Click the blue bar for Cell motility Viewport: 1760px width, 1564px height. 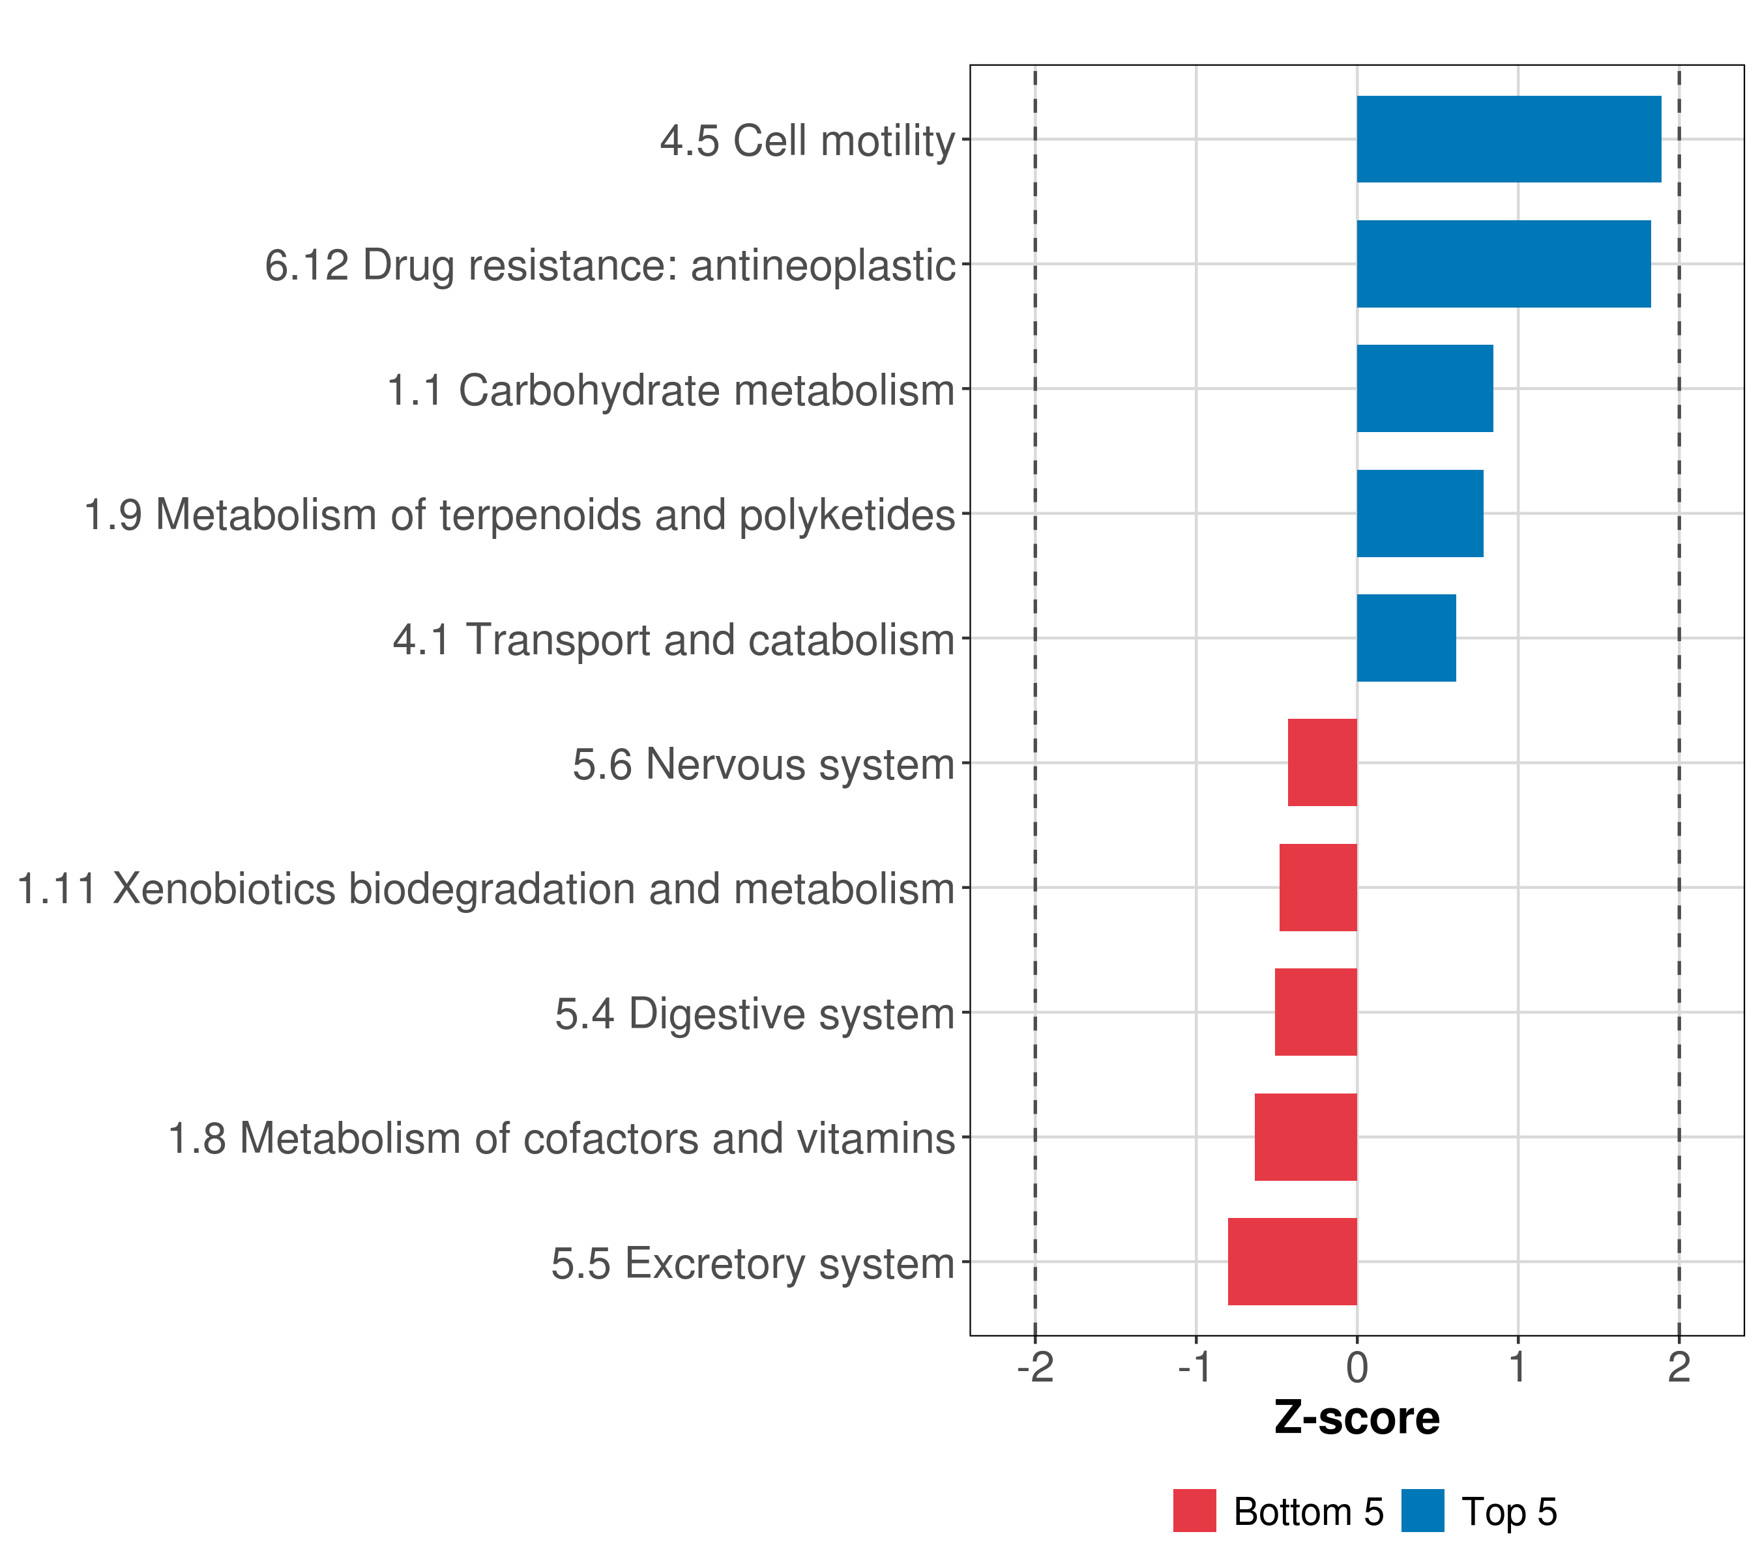coord(1508,139)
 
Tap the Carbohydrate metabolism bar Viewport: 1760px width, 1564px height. coord(1424,388)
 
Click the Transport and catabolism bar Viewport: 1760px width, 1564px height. coord(1406,638)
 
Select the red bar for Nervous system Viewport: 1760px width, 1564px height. coord(1322,762)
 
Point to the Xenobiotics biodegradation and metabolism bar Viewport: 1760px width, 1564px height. coord(1317,888)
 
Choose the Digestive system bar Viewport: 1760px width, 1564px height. coord(1315,1012)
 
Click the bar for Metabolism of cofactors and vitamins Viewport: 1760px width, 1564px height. coord(1306,1137)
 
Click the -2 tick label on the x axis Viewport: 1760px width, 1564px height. coord(1035,1367)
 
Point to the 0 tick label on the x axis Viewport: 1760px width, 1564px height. coord(1357,1367)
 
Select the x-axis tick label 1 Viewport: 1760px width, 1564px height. coord(1518,1367)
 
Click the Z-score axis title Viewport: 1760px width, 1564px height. coord(1357,1419)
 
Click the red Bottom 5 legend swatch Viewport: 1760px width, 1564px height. coord(1194,1511)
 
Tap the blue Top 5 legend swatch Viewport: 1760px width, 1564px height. coord(1422,1511)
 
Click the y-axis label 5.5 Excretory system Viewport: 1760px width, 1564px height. coord(753,1264)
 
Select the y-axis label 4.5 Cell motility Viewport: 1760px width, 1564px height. coord(808,140)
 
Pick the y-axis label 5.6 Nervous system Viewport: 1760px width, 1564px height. coord(764,764)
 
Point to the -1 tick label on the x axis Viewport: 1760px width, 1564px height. coord(1196,1367)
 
